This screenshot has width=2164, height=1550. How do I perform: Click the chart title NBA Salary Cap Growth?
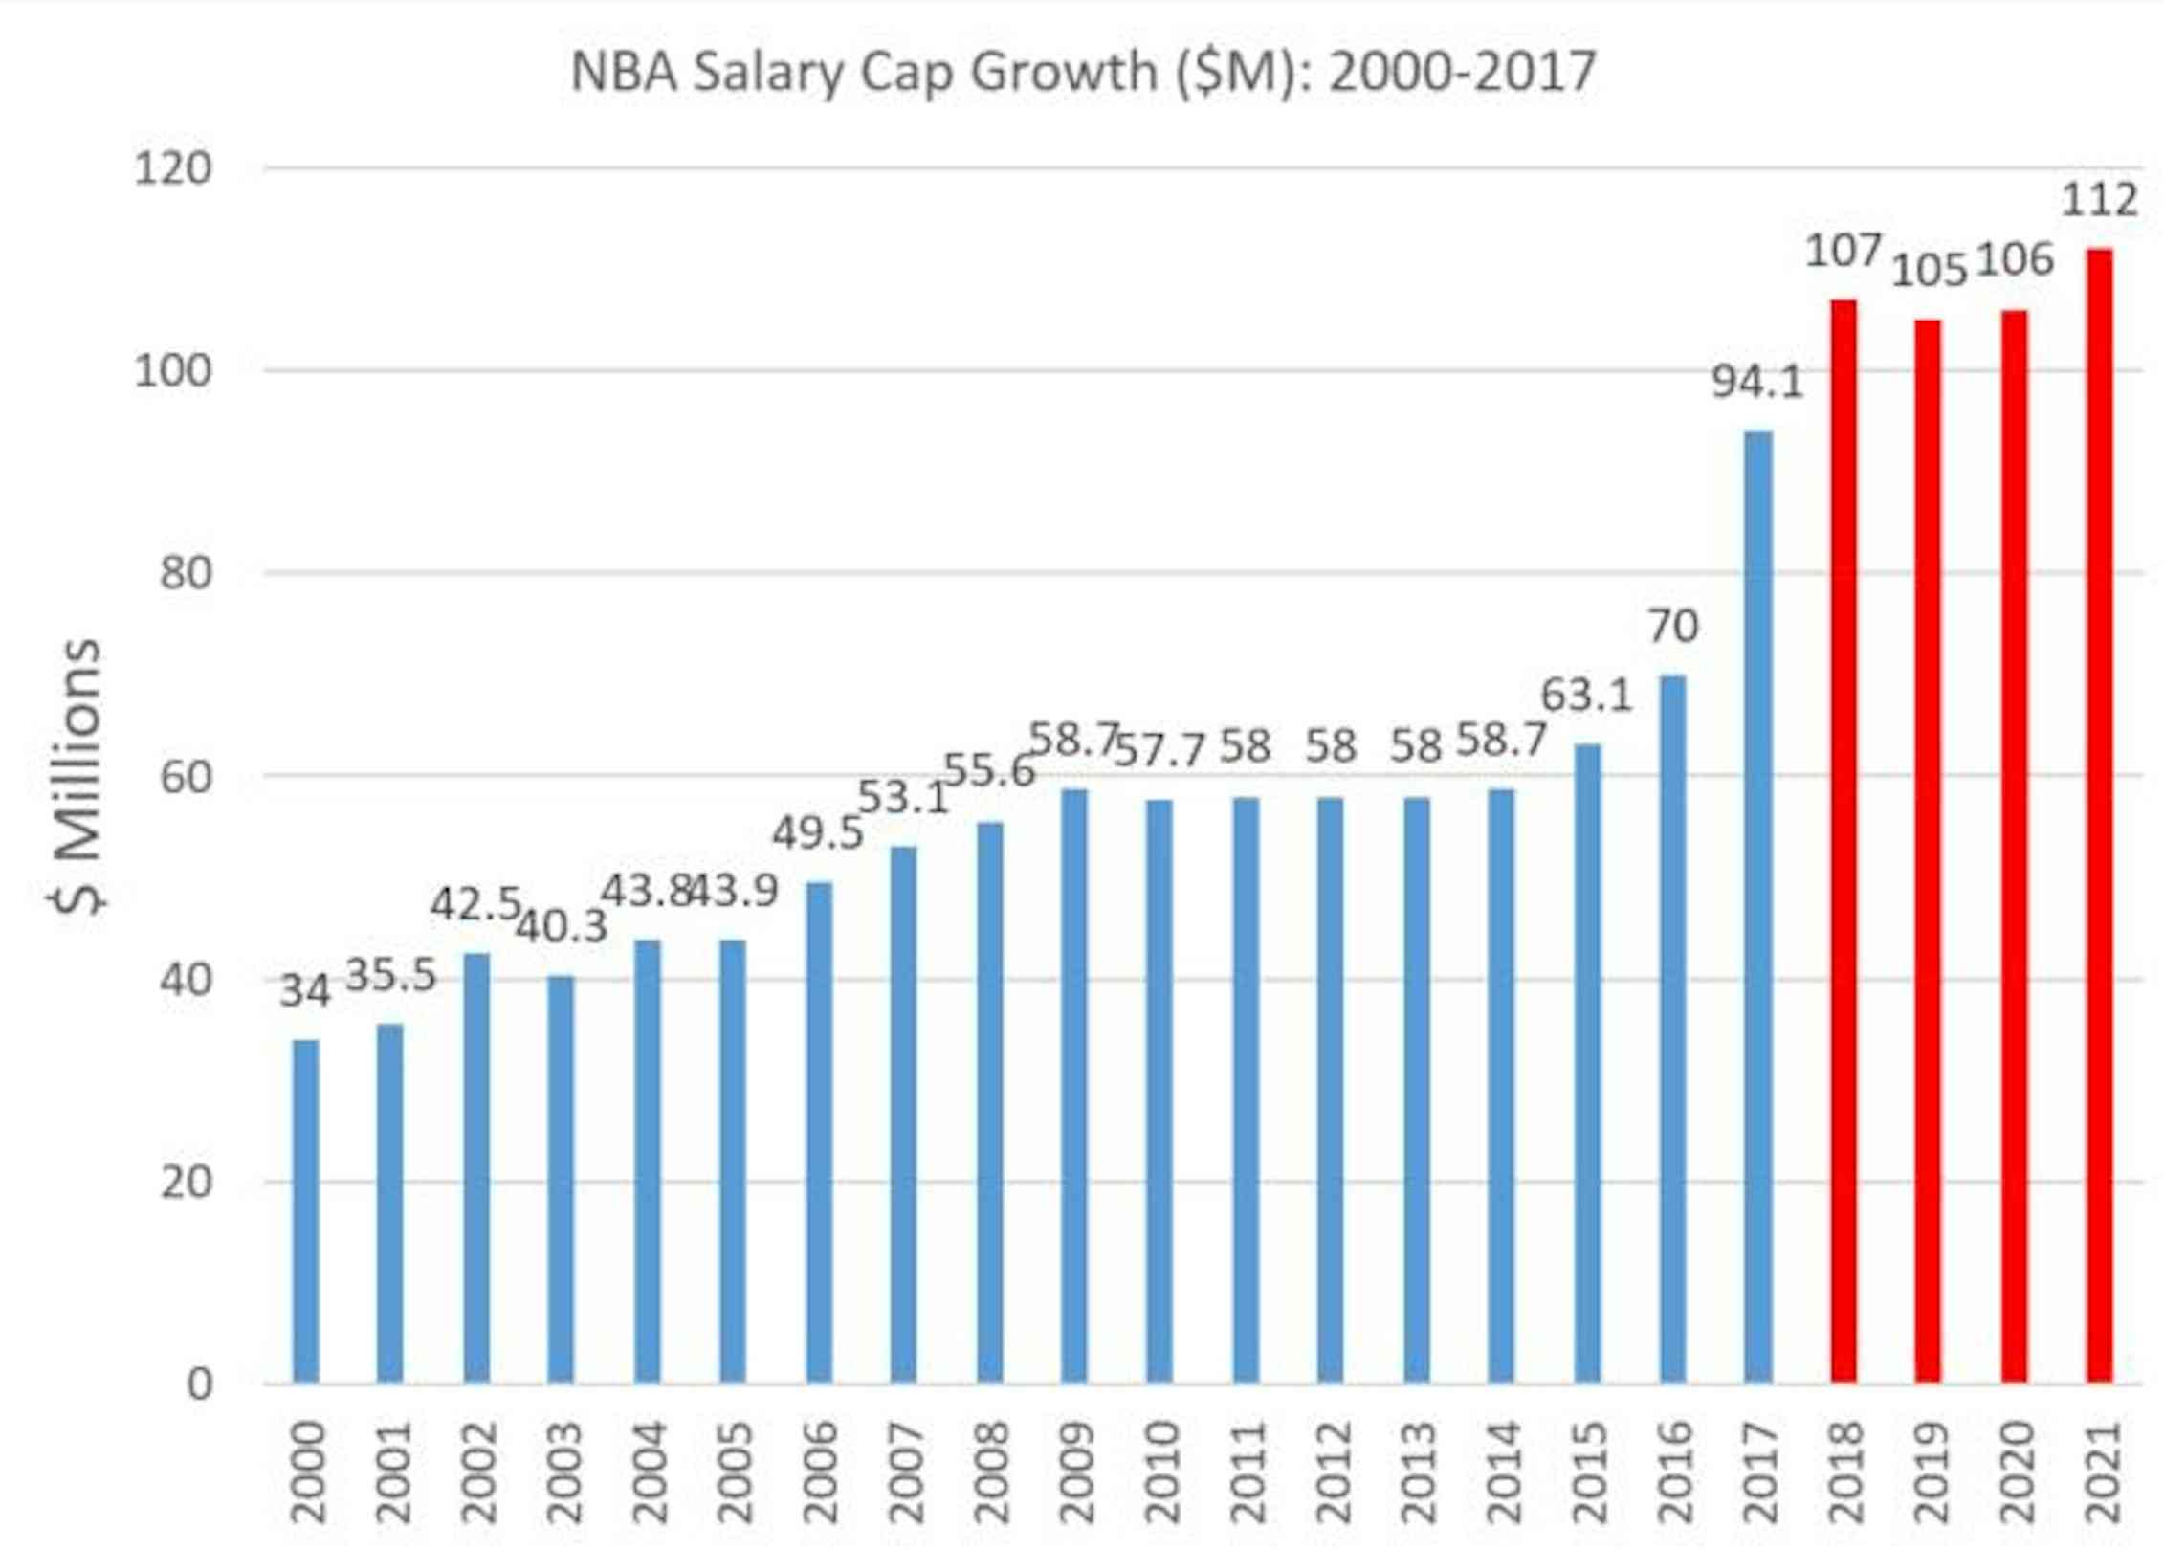click(x=1082, y=72)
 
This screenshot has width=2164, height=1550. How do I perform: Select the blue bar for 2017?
click(x=1757, y=909)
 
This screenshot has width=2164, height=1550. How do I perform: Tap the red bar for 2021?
click(x=2099, y=813)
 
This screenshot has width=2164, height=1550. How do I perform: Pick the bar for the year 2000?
click(x=305, y=1210)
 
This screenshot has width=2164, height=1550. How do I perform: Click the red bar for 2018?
click(x=1843, y=842)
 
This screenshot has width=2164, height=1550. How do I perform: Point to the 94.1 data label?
click(x=1756, y=383)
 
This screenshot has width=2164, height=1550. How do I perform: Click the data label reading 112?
click(x=2099, y=201)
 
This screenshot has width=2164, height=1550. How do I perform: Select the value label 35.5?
click(x=389, y=976)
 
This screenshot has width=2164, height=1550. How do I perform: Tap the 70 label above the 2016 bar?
click(x=1672, y=627)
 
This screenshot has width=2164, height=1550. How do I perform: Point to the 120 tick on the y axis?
click(x=172, y=169)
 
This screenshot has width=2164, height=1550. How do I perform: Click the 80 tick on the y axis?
click(x=186, y=574)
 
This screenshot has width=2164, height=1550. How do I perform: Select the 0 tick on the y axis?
click(x=199, y=1384)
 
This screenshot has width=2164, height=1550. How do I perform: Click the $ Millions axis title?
click(x=77, y=775)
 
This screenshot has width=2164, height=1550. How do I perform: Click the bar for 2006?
click(x=819, y=1134)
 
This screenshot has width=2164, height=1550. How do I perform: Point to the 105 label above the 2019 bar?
click(x=1929, y=271)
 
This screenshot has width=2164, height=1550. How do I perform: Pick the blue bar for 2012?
click(x=1330, y=1091)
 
